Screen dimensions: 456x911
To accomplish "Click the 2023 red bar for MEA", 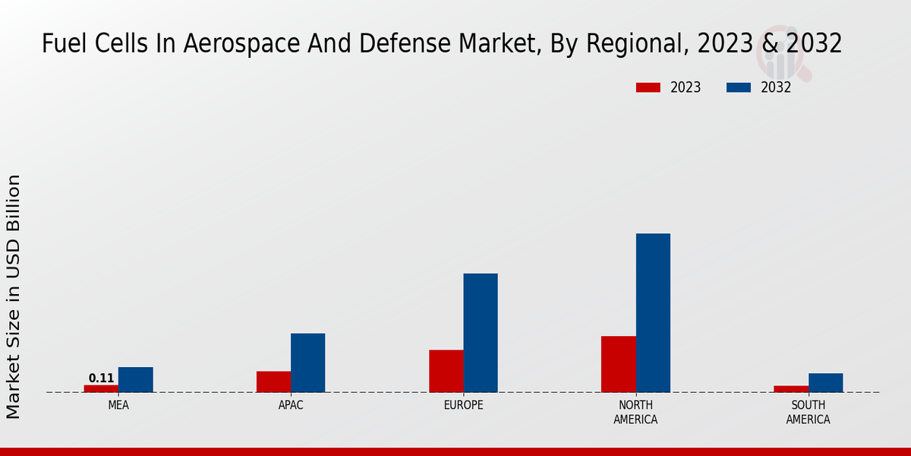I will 101,388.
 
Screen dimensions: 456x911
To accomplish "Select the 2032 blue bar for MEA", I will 135,379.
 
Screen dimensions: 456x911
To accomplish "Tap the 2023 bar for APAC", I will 273,382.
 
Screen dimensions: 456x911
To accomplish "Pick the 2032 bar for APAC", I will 307,363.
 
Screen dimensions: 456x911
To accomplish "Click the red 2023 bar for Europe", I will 446,371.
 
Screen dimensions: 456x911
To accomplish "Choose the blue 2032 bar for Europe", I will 481,333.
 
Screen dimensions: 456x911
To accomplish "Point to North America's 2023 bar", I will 618,364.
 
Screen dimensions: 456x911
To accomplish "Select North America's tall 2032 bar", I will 653,312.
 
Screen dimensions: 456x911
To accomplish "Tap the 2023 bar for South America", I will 791,389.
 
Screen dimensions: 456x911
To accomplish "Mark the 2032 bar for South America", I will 825,382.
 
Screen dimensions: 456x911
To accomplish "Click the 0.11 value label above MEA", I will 101,378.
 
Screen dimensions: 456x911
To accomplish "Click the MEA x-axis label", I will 118,405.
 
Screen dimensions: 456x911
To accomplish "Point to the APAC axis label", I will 291,405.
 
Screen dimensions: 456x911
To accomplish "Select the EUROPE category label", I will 463,405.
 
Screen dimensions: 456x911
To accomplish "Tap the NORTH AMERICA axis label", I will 635,412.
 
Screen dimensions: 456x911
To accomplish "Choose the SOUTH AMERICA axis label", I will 808,412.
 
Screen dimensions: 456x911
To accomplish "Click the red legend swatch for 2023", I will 648,87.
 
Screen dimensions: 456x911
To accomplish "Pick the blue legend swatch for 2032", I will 738,87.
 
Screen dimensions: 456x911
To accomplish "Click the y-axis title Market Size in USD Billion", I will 14,296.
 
